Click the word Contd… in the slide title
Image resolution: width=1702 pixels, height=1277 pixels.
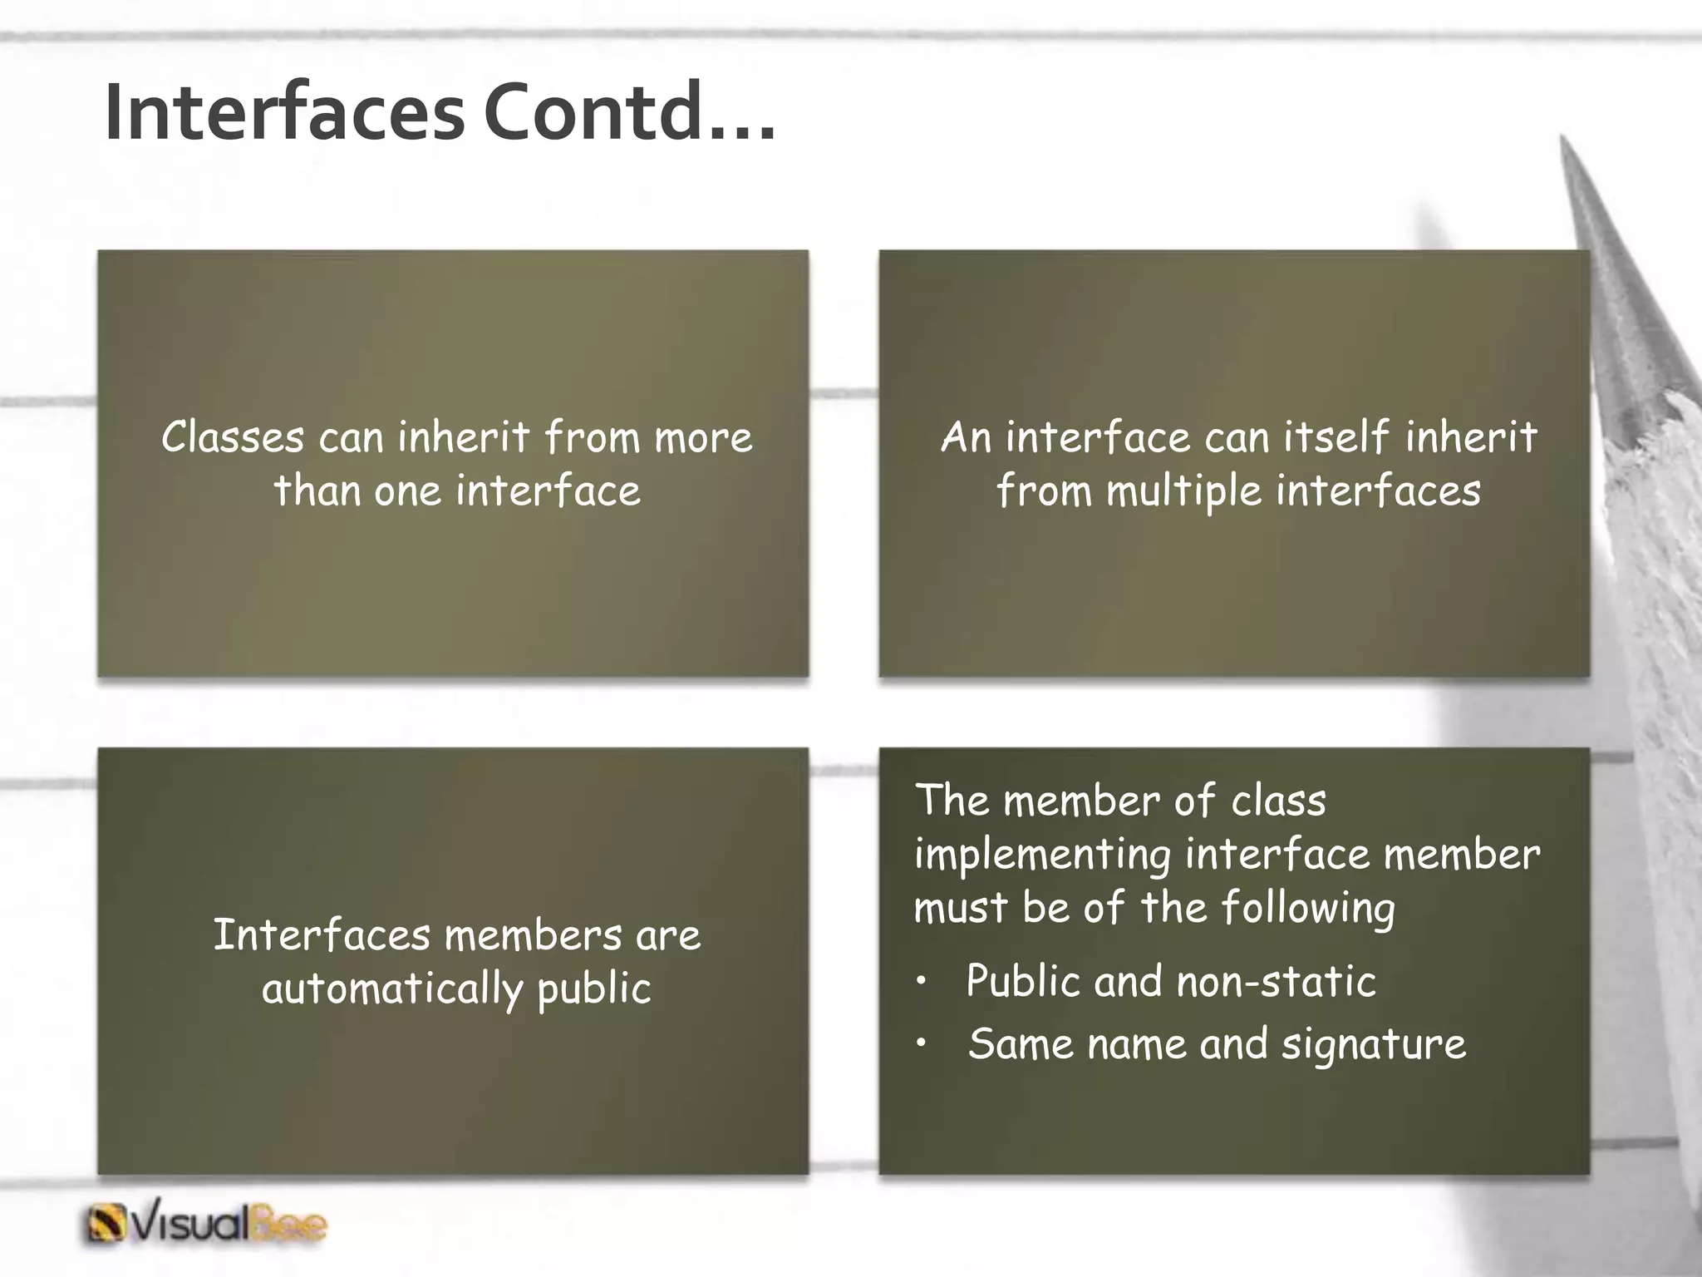point(629,113)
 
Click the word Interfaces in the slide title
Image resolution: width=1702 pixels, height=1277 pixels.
point(284,113)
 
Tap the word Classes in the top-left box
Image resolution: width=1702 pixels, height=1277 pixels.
point(233,437)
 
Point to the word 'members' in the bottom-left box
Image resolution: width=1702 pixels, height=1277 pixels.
point(533,936)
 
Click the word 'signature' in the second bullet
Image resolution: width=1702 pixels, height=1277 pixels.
point(1373,1045)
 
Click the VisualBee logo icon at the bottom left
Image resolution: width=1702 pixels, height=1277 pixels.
point(106,1225)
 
